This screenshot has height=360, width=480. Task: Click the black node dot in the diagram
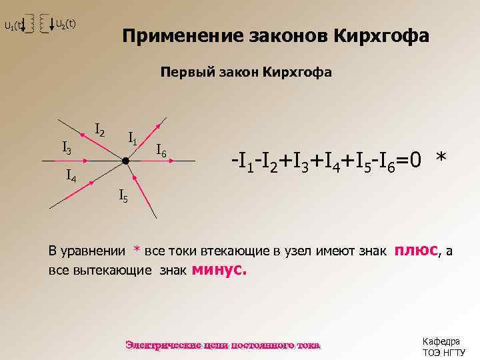pyautogui.click(x=125, y=161)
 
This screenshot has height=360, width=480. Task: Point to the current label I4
pyautogui.click(x=72, y=177)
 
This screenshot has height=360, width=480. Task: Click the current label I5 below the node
pyautogui.click(x=123, y=196)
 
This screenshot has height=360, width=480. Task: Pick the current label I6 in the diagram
pyautogui.click(x=161, y=151)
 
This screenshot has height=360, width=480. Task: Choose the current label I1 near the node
pyautogui.click(x=133, y=139)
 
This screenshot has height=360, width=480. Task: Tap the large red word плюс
pyautogui.click(x=416, y=250)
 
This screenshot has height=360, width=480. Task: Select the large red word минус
pyautogui.click(x=219, y=270)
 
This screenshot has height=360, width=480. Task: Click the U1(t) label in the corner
pyautogui.click(x=13, y=27)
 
